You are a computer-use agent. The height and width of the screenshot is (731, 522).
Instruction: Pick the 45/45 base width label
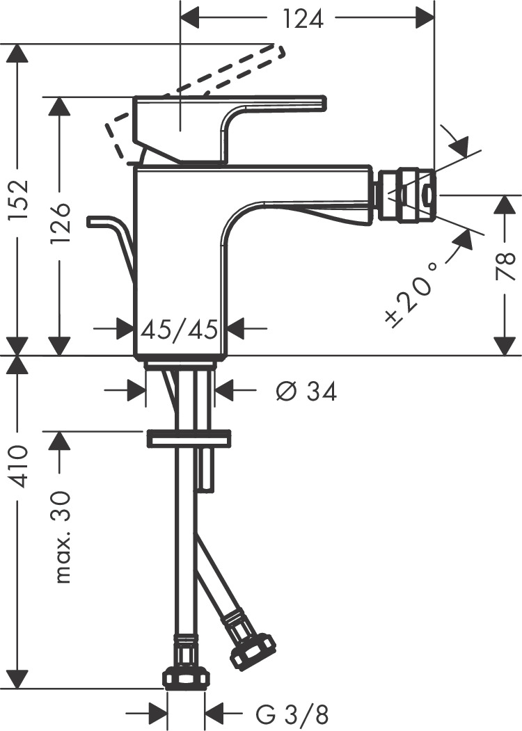180,327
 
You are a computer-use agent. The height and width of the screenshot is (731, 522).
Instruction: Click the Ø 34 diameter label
306,392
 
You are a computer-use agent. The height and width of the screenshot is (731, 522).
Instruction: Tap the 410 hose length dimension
19,466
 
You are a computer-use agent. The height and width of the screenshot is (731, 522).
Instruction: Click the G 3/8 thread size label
293,714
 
